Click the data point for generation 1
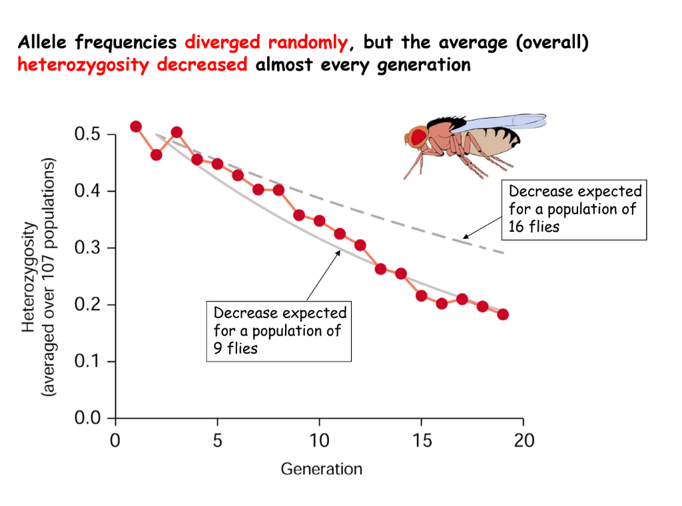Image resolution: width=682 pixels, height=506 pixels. pos(136,126)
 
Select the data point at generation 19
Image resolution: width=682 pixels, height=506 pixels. pos(503,314)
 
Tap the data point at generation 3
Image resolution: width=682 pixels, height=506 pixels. pos(176,132)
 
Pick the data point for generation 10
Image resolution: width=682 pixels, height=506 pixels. pos(320,221)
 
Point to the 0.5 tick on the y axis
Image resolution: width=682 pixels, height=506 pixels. pos(111,134)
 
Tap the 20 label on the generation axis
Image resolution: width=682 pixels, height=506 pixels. pos(523,441)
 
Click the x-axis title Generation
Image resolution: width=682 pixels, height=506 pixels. pos(321,469)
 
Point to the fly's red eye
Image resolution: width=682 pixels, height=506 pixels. pos(418,137)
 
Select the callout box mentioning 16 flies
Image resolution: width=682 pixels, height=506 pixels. pos(574,209)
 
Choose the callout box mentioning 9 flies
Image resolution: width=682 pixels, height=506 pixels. pos(278,330)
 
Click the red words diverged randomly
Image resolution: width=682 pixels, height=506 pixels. pos(266,43)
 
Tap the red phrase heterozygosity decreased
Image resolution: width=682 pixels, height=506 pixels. pos(133,65)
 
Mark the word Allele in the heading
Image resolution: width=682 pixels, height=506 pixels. pos(44,43)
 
